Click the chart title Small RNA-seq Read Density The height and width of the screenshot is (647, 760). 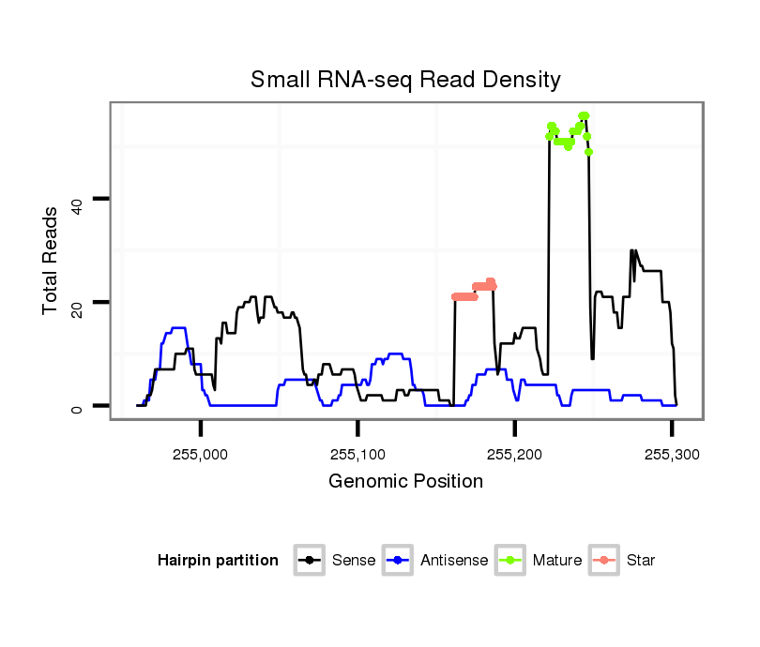(405, 80)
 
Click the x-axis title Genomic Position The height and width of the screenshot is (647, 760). (405, 482)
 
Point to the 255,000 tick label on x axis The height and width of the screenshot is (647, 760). (201, 455)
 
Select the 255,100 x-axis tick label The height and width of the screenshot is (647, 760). (357, 455)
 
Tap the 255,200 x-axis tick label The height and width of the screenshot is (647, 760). (514, 455)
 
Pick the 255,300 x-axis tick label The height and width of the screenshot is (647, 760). (672, 455)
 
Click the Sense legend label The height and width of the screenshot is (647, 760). (354, 561)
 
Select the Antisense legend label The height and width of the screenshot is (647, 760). (454, 561)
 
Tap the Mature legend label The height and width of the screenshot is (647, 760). (557, 561)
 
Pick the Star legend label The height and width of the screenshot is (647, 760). (641, 561)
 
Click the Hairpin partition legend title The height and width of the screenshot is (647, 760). (218, 561)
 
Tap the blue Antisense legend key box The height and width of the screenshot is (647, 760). (399, 561)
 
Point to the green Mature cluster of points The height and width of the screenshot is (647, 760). (569, 132)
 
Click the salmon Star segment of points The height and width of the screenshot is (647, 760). (474, 292)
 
